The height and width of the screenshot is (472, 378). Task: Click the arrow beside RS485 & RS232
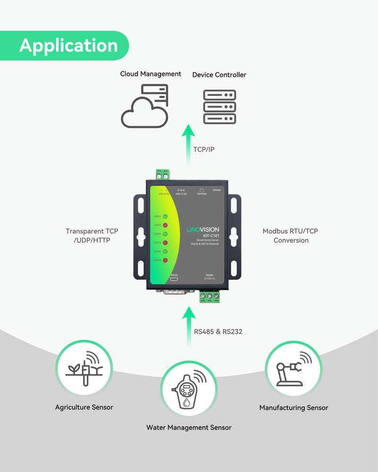pos(189,326)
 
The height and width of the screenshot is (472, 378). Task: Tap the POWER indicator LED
pos(165,260)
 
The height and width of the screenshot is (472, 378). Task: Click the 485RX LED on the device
pos(165,217)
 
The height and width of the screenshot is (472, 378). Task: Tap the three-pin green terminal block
pos(209,297)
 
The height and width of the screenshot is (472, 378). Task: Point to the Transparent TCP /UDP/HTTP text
pos(92,236)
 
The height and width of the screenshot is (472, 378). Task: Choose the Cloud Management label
pos(151,74)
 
